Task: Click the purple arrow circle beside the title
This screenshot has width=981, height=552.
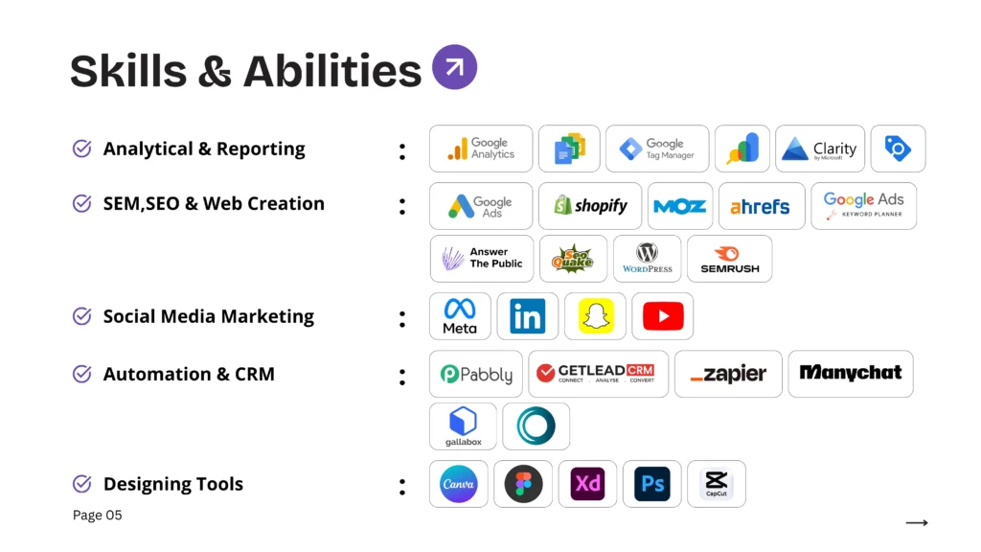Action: (x=454, y=67)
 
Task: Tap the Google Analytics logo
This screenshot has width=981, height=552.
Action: (x=480, y=149)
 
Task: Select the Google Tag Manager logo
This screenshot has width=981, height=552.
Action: (x=657, y=149)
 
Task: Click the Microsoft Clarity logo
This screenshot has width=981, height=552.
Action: (x=819, y=149)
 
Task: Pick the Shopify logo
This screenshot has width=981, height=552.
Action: (x=589, y=206)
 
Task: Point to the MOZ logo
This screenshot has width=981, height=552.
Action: (x=679, y=206)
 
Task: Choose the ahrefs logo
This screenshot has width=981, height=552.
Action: (x=761, y=206)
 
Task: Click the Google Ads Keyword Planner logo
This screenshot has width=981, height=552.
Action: (x=863, y=205)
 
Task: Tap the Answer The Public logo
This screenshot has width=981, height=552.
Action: (x=482, y=259)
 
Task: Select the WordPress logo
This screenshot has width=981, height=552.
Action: (x=647, y=259)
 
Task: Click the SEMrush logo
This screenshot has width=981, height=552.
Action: (x=729, y=259)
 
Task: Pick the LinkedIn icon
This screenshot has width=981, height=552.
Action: (x=527, y=316)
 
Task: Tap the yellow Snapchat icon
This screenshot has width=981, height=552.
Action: (x=595, y=316)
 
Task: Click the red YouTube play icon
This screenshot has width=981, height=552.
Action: (x=663, y=316)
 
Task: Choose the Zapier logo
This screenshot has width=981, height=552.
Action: (x=728, y=374)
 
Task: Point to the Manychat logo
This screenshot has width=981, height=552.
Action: (x=850, y=373)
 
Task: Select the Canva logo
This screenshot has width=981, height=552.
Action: (x=458, y=484)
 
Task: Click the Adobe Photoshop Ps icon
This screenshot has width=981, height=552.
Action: (x=652, y=484)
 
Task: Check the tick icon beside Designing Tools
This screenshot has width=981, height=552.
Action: (x=82, y=484)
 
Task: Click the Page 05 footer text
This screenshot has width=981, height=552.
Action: (x=98, y=516)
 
